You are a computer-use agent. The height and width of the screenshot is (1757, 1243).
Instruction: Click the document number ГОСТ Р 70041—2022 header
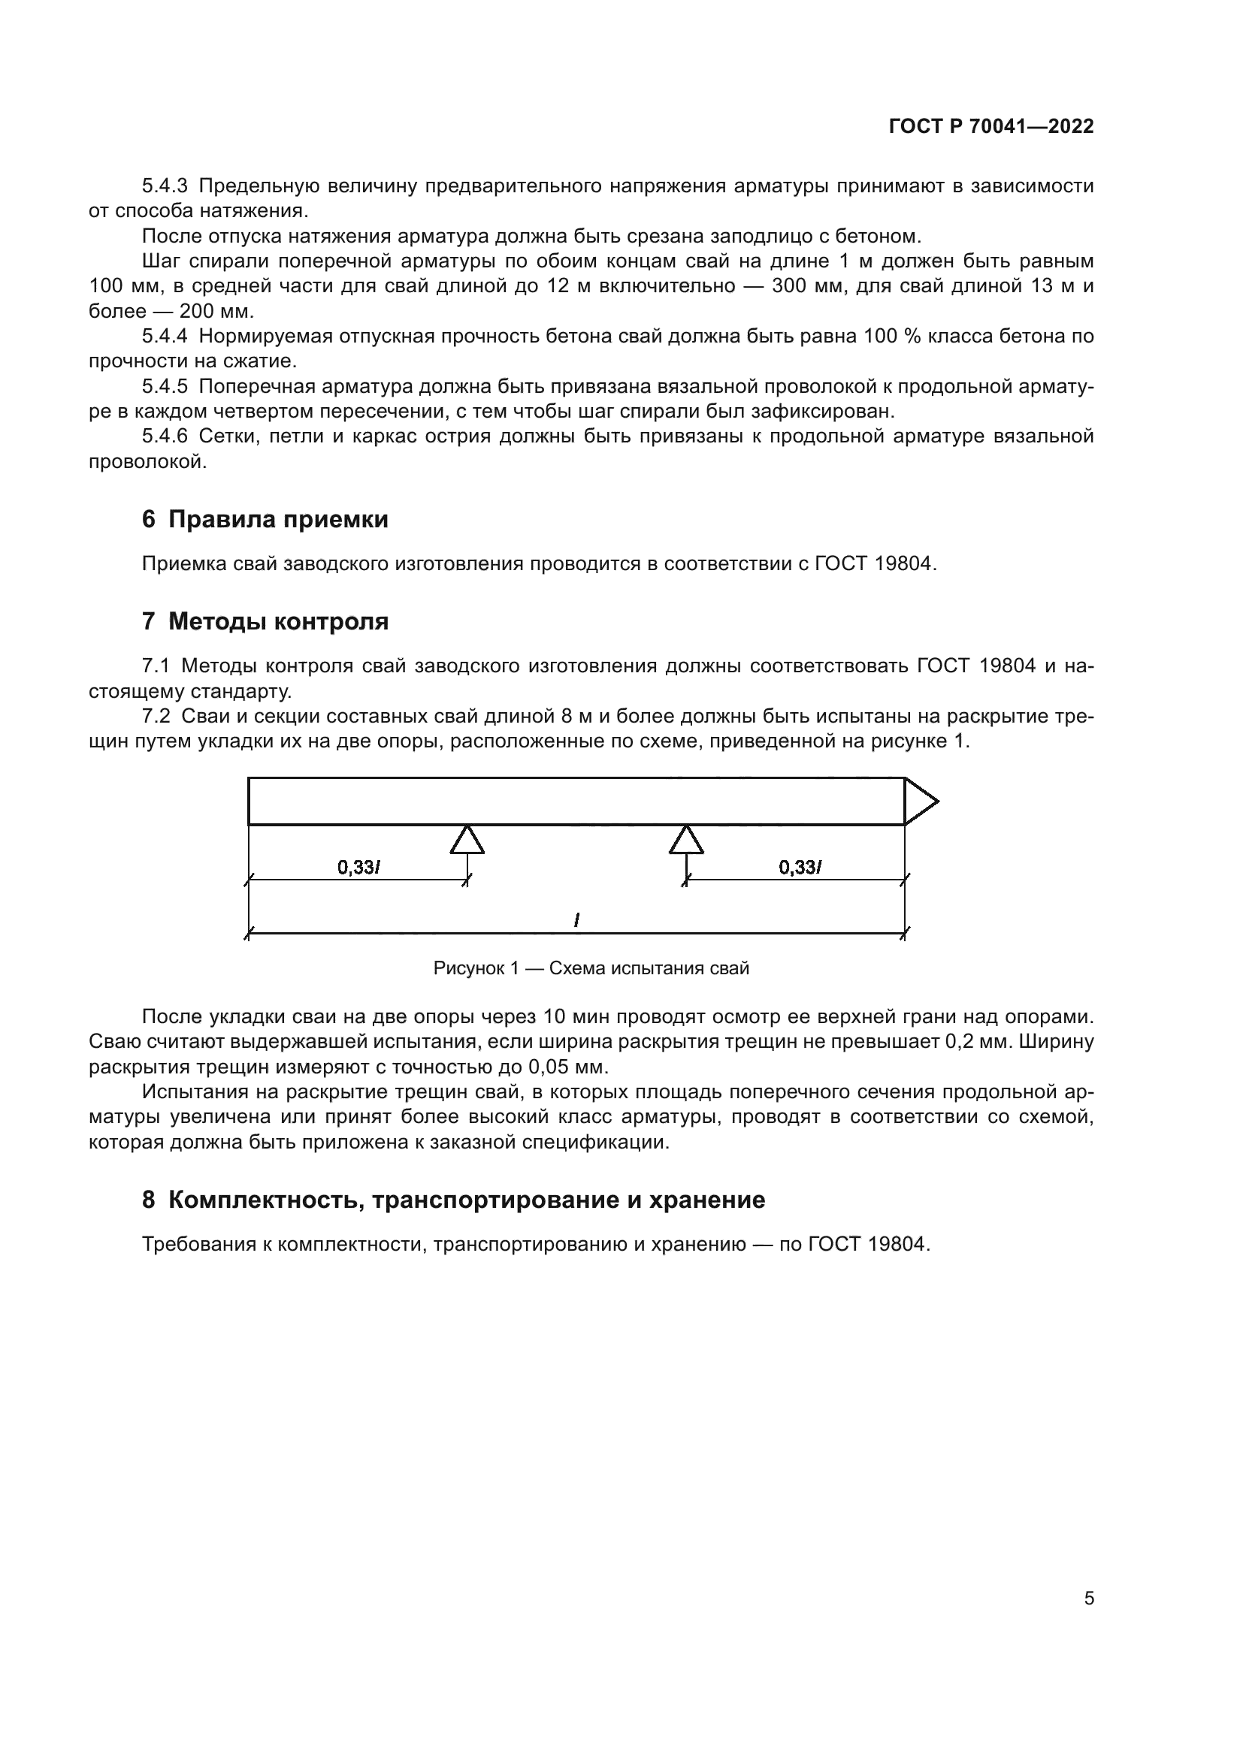[x=991, y=127]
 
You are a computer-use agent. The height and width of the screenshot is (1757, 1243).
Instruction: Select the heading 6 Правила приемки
[x=265, y=520]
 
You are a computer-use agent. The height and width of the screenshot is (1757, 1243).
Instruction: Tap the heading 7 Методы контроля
[x=265, y=621]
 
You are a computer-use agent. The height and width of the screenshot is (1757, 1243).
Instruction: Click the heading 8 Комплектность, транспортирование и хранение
[x=453, y=1200]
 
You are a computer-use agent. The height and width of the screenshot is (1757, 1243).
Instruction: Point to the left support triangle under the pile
[x=467, y=840]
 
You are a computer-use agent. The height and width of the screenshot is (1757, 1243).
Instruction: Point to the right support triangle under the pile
[x=687, y=840]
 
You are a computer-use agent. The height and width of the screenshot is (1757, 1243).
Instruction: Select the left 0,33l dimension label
[x=359, y=867]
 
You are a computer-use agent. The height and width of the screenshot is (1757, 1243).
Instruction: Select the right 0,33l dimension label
[x=800, y=867]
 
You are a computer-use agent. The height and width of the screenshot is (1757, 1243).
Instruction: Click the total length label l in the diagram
[x=576, y=921]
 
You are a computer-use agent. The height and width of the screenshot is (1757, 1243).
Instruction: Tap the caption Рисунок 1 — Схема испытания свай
[x=591, y=968]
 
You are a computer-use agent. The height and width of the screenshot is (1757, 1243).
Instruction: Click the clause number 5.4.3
[x=165, y=186]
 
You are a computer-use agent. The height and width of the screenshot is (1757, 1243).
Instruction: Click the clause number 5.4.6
[x=165, y=436]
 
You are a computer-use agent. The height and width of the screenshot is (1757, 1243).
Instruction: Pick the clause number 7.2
[x=156, y=717]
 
